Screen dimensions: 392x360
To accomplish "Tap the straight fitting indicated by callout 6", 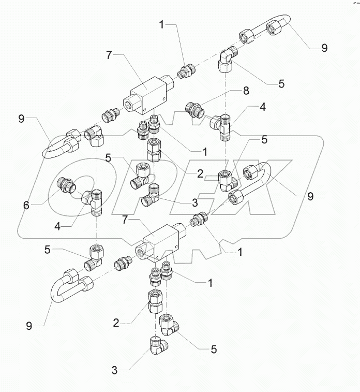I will tap(66, 184).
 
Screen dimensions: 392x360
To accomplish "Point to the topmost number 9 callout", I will tap(324, 48).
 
